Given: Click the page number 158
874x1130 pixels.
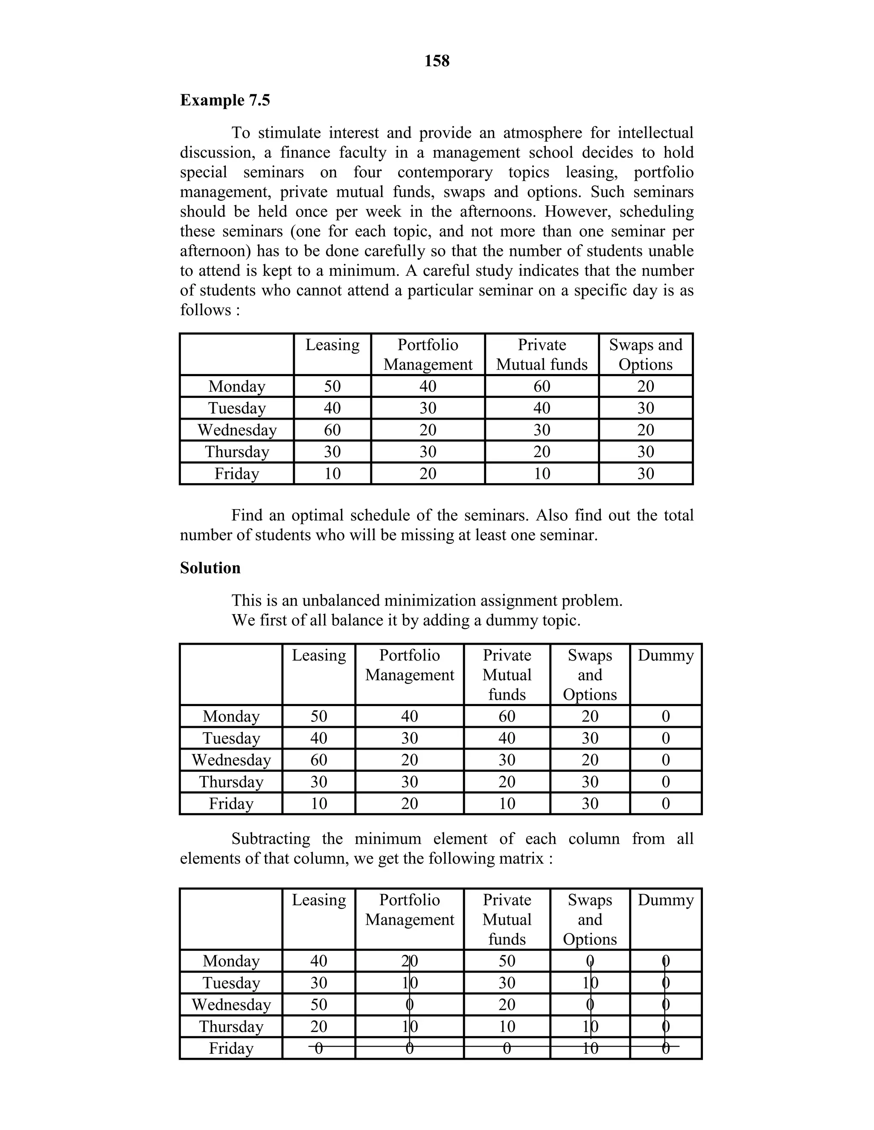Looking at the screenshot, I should coord(437,61).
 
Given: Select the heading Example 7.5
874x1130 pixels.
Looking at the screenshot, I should coord(225,100).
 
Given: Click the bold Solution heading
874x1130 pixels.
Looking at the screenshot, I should coord(210,568).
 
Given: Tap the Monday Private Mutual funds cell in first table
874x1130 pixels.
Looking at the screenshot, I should coord(542,386).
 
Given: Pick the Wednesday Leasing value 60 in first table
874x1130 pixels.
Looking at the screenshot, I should coord(332,429).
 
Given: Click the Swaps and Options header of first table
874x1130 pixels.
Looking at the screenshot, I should coord(645,354).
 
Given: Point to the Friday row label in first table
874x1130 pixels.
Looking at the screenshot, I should coord(236,473).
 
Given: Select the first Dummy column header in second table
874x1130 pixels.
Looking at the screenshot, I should coord(665,655).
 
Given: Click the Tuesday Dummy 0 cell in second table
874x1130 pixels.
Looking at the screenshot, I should coord(665,738).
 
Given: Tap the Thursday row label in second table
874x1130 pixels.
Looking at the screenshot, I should coord(231,781).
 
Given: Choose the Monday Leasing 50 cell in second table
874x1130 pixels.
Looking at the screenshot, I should coord(318,716).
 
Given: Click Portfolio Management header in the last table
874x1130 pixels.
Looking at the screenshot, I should coord(409,910).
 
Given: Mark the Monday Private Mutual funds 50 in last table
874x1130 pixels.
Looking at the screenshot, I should coord(507,961).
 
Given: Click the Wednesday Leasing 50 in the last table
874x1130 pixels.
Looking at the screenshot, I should coord(318,1004).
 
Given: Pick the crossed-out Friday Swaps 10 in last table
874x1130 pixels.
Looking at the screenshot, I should coord(590,1048).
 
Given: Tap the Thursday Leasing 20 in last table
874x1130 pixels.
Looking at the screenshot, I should coord(318,1026).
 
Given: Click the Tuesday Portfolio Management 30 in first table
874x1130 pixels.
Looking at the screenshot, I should coord(428,408).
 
